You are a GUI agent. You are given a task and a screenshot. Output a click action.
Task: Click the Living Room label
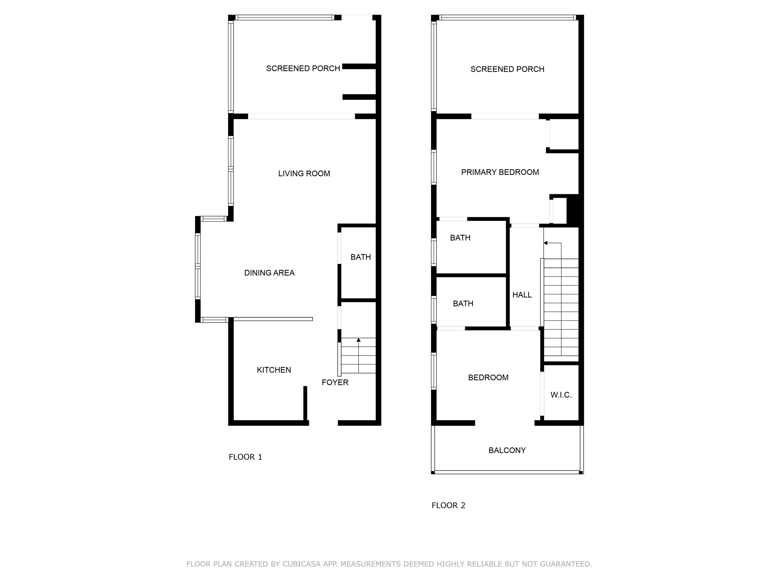[x=304, y=173]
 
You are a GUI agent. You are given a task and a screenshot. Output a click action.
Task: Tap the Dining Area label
[x=270, y=273]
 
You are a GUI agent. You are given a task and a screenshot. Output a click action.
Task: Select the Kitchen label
[x=274, y=370]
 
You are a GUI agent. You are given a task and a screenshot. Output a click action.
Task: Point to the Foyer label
[x=335, y=382]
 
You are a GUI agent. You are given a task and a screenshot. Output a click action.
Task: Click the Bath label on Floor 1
[x=361, y=257]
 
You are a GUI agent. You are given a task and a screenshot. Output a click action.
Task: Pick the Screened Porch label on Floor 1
[x=303, y=68]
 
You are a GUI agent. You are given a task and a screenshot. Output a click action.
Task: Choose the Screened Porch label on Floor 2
[x=507, y=69]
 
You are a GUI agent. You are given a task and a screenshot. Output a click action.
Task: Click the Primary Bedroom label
[x=500, y=172]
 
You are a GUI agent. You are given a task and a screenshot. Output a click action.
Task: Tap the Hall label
[x=522, y=295]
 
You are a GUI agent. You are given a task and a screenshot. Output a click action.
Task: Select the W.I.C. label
[x=561, y=395]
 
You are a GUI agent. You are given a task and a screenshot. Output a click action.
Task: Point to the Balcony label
[x=507, y=450]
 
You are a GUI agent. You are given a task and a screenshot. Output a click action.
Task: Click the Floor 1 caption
[x=246, y=457]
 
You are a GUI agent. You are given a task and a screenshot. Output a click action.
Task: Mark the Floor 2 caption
[x=448, y=506]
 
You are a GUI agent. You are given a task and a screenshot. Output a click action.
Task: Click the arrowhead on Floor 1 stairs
[x=359, y=340]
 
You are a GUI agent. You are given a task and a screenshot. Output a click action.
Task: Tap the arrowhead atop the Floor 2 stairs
[x=546, y=243]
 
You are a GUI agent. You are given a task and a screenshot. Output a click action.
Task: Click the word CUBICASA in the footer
[x=301, y=564]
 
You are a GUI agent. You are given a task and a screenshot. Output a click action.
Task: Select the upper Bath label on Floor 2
[x=460, y=238]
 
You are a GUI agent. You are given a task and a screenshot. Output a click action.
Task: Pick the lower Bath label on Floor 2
[x=463, y=303]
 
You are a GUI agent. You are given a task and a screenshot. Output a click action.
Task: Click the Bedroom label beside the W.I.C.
[x=488, y=378]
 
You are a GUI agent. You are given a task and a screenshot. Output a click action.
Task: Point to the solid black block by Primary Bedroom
[x=573, y=210]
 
